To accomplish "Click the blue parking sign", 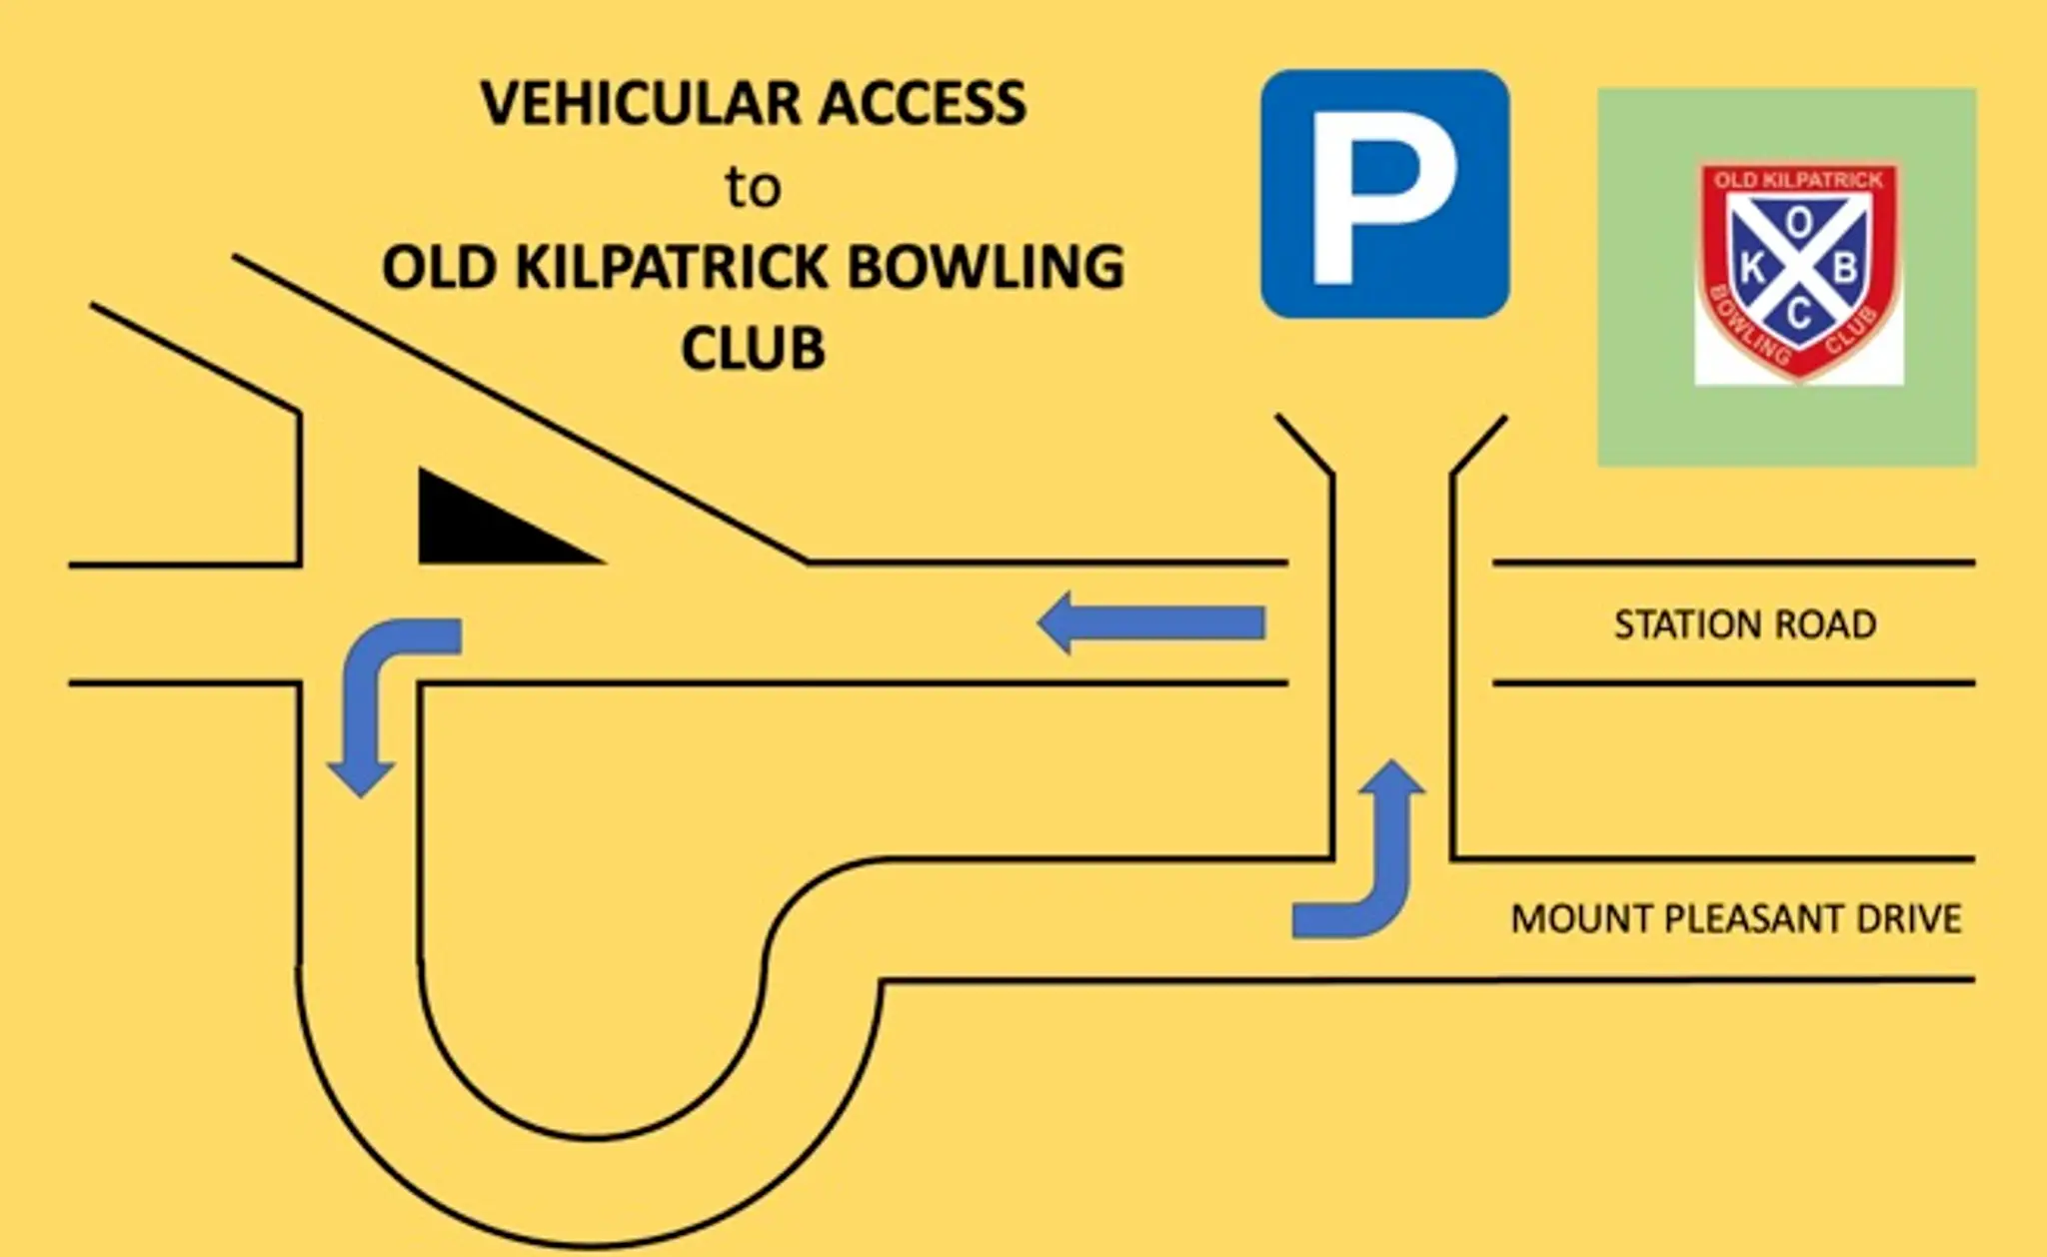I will coord(1384,194).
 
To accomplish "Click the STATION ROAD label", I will coord(1744,625).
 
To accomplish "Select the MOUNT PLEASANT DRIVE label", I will coord(1735,918).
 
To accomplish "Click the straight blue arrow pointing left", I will coord(1151,623).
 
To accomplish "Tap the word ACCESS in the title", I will coord(923,103).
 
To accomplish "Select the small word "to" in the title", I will coord(753,188).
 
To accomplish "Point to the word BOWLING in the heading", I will coord(986,268).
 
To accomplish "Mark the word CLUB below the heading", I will coord(753,349).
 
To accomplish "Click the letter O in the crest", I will coord(1798,224).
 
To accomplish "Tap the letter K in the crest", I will coord(1752,268).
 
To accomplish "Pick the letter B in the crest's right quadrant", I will coord(1845,268).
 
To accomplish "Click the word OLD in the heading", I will coord(439,268).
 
